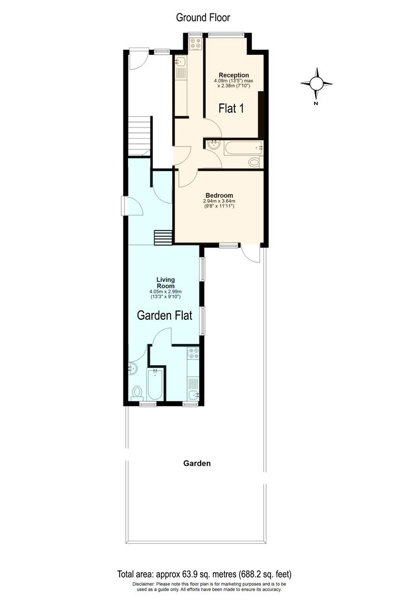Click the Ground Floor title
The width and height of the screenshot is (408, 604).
pyautogui.click(x=203, y=17)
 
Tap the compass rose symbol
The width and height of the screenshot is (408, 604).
pyautogui.click(x=316, y=84)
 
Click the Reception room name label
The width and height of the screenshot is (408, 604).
pyautogui.click(x=234, y=75)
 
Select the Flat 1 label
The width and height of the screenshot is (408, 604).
pyautogui.click(x=231, y=107)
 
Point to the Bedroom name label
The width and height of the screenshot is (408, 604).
pyautogui.click(x=219, y=195)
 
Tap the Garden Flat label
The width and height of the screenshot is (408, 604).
pyautogui.click(x=165, y=315)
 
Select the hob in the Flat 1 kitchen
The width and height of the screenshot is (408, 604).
pyautogui.click(x=194, y=44)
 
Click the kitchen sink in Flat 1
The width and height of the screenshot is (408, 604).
pyautogui.click(x=181, y=62)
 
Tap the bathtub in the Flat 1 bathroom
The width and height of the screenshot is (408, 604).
pyautogui.click(x=243, y=148)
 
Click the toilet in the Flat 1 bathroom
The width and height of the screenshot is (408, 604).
pyautogui.click(x=254, y=162)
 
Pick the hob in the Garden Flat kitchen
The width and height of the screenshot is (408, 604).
pyautogui.click(x=193, y=353)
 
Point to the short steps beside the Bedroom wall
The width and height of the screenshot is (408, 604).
pyautogui.click(x=163, y=237)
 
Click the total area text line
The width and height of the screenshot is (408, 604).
pyautogui.click(x=204, y=574)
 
